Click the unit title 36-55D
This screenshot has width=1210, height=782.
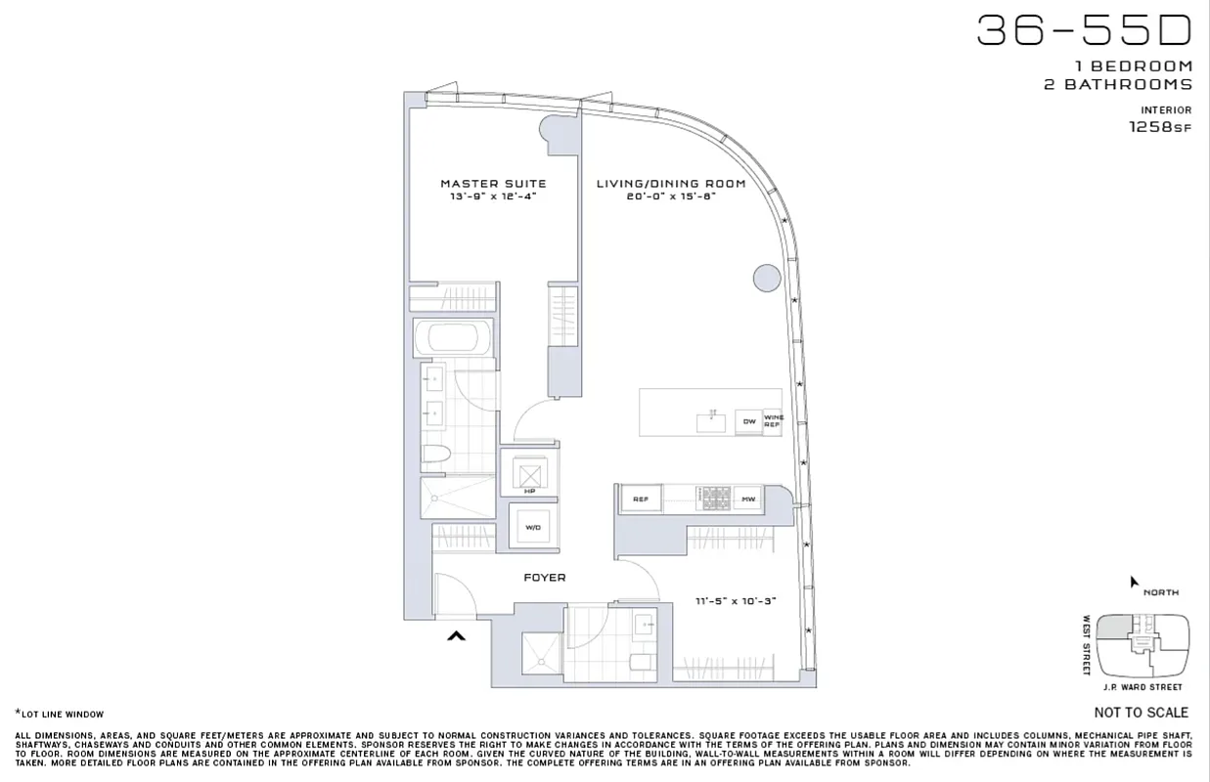coord(1084,30)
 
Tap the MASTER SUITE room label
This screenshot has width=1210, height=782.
coord(493,184)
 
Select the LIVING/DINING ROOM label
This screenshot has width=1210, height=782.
coord(671,184)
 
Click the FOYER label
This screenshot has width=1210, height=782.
coord(545,578)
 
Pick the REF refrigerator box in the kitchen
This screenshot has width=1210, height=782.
coord(641,500)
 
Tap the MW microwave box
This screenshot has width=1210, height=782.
coord(748,500)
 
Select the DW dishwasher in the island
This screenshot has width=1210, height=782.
coord(748,421)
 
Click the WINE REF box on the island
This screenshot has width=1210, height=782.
coord(773,421)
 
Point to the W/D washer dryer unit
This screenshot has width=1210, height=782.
coord(532,528)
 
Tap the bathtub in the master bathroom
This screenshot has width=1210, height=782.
coord(452,338)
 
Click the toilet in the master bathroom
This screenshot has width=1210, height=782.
coord(436,455)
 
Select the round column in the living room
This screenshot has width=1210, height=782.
coord(767,279)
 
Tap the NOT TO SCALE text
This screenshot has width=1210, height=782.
coord(1141,713)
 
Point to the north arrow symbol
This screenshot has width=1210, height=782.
coord(1134,582)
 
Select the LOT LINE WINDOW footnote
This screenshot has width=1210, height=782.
coord(60,715)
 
